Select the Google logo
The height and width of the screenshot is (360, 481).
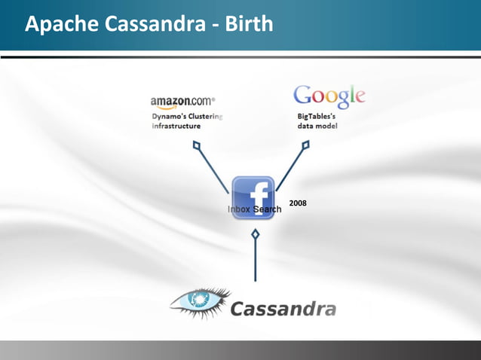(329, 96)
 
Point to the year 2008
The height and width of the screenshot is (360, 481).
(298, 203)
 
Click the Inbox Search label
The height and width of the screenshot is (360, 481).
(254, 209)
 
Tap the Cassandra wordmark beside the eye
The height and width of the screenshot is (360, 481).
(282, 309)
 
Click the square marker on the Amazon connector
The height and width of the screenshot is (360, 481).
(196, 145)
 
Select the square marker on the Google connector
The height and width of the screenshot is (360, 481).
(305, 147)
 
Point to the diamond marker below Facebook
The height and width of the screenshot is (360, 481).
(256, 236)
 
